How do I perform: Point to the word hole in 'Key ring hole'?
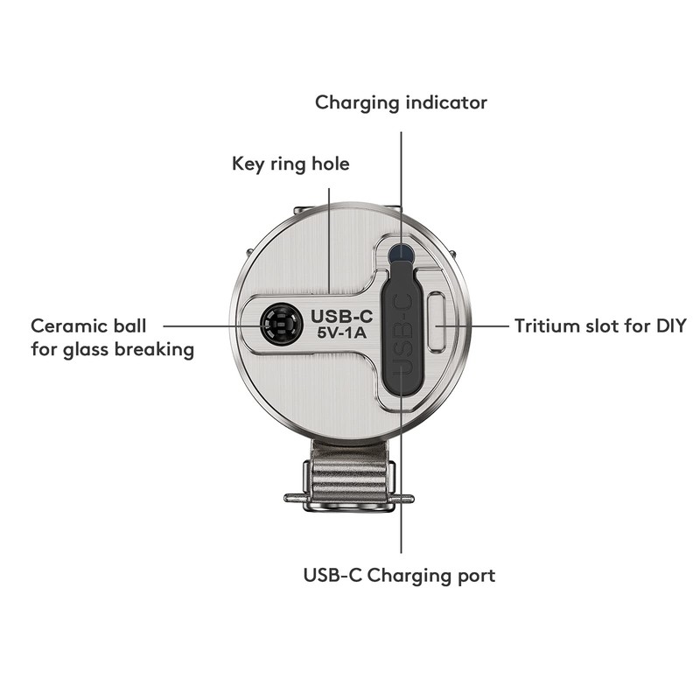click(x=329, y=164)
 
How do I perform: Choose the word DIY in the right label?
click(x=668, y=326)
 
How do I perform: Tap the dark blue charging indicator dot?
click(x=402, y=254)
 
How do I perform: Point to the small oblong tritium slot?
click(x=437, y=323)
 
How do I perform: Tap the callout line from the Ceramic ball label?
click(x=210, y=325)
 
